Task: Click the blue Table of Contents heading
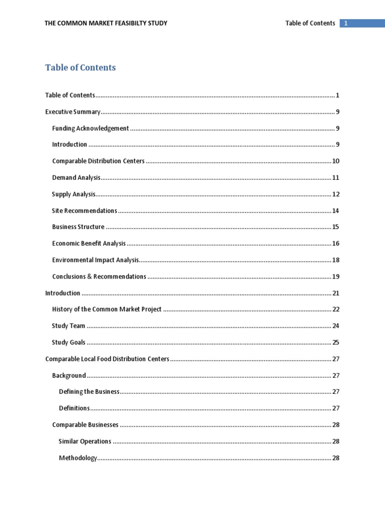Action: (x=80, y=68)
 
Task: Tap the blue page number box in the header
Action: (x=362, y=23)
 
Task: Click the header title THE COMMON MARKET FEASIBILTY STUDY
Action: (x=106, y=23)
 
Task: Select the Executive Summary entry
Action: (x=73, y=112)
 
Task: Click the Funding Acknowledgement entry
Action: (x=90, y=128)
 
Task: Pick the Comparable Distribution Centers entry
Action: (x=98, y=161)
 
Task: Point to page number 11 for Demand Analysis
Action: (x=336, y=178)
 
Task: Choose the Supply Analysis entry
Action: (x=74, y=194)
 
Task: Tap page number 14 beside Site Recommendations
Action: (x=336, y=211)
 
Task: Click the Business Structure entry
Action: (x=78, y=227)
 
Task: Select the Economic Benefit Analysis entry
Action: (x=89, y=243)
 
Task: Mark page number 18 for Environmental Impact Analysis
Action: (x=336, y=260)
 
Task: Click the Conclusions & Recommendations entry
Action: (x=99, y=277)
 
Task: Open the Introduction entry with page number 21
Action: (x=63, y=293)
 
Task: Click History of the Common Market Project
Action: (x=107, y=310)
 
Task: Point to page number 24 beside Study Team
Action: (x=336, y=326)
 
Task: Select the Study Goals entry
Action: (x=69, y=343)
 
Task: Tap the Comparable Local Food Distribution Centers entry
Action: (x=107, y=359)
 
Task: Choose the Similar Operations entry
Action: (x=85, y=441)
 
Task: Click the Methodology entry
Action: (x=78, y=458)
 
